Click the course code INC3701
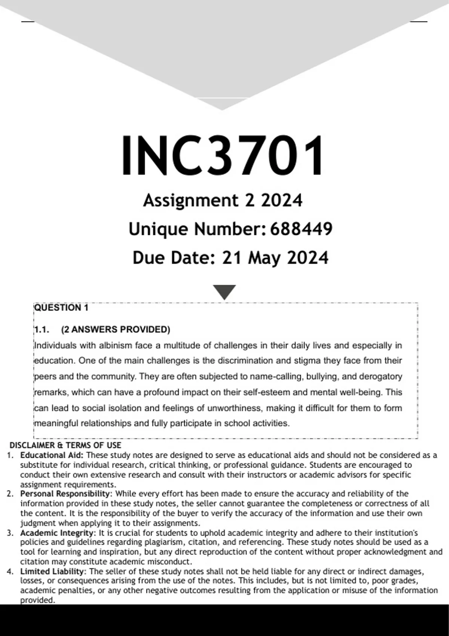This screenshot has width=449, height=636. point(223,155)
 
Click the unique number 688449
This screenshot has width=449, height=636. point(301,229)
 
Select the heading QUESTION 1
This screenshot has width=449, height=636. point(61,308)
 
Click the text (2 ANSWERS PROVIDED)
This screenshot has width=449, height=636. point(116,330)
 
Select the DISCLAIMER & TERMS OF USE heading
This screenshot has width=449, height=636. point(65,445)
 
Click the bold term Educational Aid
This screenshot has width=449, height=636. point(52,455)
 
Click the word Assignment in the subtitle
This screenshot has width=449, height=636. point(190,201)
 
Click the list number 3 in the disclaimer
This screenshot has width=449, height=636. point(10,533)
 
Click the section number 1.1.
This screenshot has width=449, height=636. point(42,330)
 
